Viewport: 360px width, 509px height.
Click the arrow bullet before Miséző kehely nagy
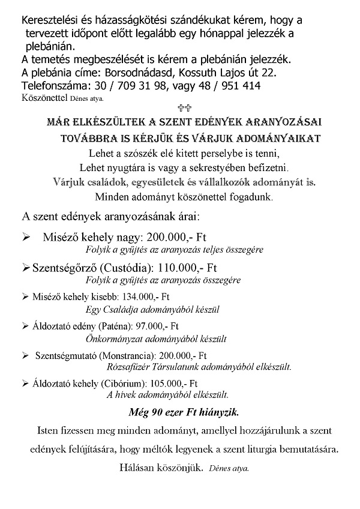point(26,238)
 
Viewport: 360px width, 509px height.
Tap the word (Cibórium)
point(124,384)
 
